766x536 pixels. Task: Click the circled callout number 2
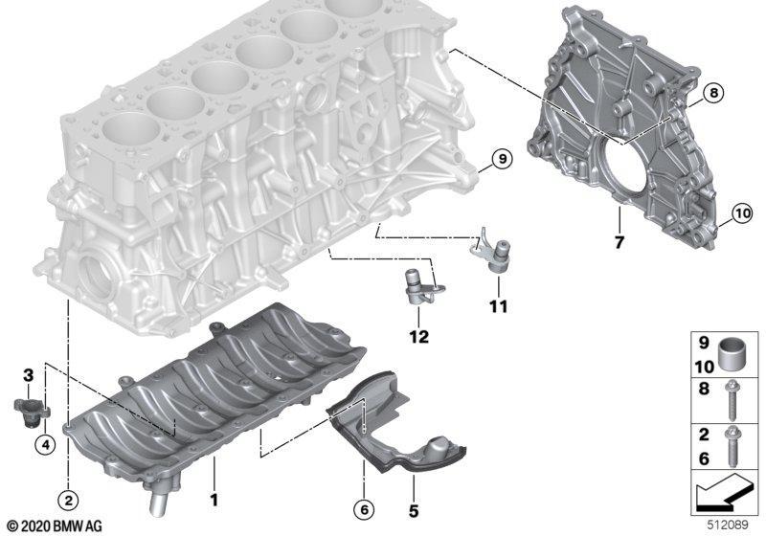click(68, 500)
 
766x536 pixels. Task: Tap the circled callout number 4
click(45, 445)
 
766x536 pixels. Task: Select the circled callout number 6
click(364, 510)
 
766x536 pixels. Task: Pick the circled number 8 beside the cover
click(713, 92)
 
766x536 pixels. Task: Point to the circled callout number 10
click(742, 213)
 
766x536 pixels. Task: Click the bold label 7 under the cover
click(620, 242)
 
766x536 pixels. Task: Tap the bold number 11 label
click(498, 306)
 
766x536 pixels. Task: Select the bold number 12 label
click(419, 336)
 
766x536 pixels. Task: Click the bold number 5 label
click(414, 510)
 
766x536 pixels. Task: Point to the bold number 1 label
click(214, 500)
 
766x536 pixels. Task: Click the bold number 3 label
click(29, 375)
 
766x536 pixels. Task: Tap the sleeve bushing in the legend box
click(731, 355)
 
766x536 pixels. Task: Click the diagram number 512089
click(729, 525)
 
